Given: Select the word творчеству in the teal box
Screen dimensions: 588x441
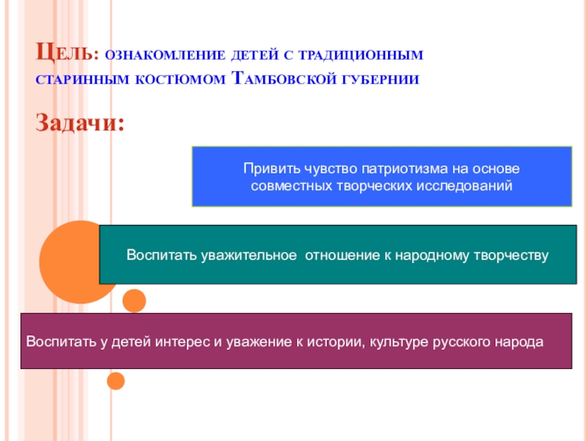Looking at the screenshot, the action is [x=515, y=256].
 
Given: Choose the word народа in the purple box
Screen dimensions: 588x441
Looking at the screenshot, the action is [x=518, y=343].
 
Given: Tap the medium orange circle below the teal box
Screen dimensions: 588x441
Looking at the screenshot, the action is [x=134, y=301].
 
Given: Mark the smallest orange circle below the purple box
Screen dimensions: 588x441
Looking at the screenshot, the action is [x=115, y=381].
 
